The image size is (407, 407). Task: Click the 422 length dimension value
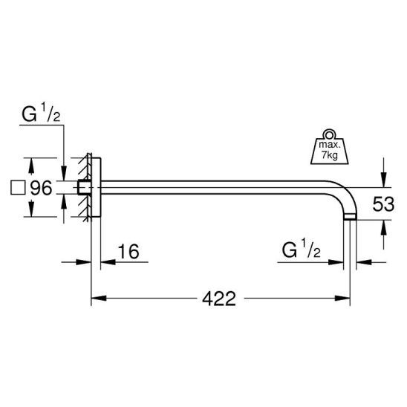tap(219, 299)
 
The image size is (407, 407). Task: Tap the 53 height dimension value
tap(383, 203)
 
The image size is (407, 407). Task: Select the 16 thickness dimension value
tap(128, 251)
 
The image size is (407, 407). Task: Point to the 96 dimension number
tap(42, 188)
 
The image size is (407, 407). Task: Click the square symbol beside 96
tap(18, 188)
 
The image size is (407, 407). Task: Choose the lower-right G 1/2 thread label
tap(301, 250)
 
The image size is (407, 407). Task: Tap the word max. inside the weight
tap(328, 144)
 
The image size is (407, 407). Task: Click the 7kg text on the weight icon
tap(330, 155)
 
